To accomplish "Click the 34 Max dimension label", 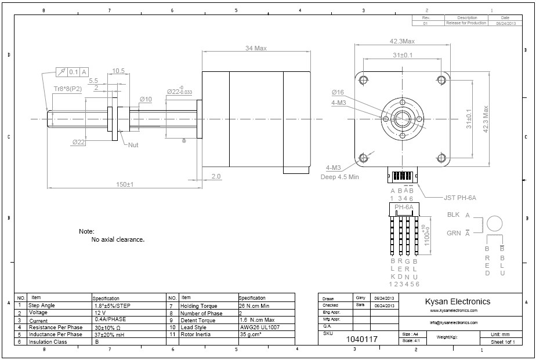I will coord(255,48).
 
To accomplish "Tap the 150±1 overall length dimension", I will coord(125,184).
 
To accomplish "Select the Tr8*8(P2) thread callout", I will coord(68,88).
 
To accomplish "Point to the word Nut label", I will coord(133,145).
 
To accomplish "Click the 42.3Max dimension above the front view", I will coord(402,41).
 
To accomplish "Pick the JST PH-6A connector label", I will coord(459,198).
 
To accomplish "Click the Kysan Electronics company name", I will coord(458,301).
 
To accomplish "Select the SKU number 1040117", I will coord(361,339).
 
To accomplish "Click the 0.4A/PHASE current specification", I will coord(110,319).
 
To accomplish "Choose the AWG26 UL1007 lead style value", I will coord(259,328).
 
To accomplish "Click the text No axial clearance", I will coord(118,239).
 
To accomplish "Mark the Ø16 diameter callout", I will coord(338,93).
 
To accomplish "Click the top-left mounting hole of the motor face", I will coord(363,80).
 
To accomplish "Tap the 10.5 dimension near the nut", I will coord(118,71).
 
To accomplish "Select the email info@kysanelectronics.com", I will coord(454,322).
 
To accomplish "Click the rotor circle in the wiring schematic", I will coord(495,224).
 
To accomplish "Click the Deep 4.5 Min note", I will coord(340,177).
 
